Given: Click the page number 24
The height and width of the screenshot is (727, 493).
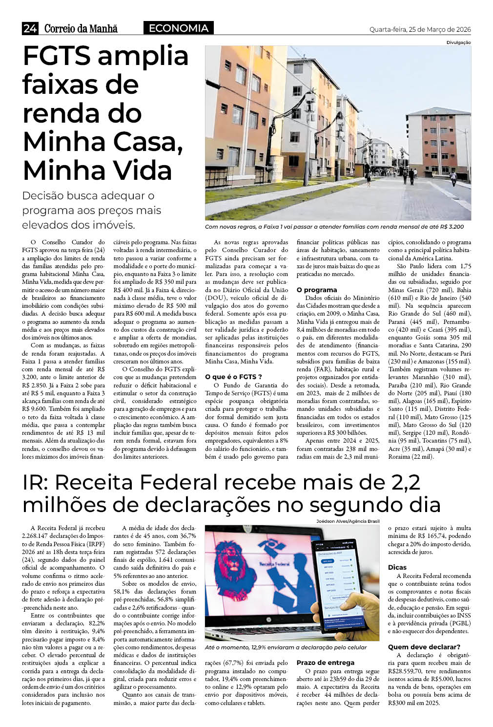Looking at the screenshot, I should pos(29,29).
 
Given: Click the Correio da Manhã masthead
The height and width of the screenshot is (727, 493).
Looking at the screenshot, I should pos(81,29).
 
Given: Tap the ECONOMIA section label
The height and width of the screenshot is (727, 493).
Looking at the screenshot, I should pos(178,28).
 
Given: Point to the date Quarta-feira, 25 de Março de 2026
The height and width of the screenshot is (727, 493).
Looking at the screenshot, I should pos(420,29).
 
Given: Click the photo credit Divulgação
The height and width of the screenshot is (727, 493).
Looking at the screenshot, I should pos(458,43).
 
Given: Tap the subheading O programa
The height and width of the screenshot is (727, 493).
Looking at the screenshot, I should pos(317,290).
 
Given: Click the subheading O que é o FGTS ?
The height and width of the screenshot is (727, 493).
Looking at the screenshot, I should pos(234,377).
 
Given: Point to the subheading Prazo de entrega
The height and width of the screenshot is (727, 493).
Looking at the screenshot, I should pos(326,663).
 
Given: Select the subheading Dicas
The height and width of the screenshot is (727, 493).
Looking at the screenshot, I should pos(397,567).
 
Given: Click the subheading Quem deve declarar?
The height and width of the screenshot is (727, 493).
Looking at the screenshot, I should pos(424,646).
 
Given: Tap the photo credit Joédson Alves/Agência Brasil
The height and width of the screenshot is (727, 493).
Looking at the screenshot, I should pos(348,521).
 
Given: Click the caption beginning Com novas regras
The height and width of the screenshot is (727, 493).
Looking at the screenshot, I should pos(334,227).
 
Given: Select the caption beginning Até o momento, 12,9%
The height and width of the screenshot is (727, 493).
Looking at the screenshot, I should pos(286,647).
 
